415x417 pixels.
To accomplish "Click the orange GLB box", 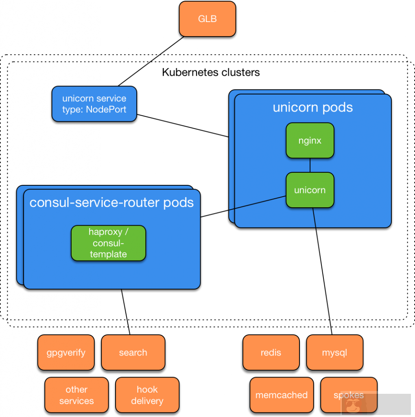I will coord(207,19).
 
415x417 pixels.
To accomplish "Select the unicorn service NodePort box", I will coord(94,104).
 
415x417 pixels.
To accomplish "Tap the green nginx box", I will coord(310,140).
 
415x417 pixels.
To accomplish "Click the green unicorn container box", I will coord(310,190).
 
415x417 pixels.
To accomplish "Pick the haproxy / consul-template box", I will coord(108,243).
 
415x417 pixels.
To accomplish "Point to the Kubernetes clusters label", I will coord(211,72).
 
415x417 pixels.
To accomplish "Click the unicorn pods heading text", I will coord(312,108).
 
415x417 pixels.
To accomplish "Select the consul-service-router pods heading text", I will coord(111,202).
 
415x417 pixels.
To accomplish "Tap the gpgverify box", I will coord(66,352).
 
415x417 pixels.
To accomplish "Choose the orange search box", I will coord(133,352).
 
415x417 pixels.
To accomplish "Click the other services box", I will coord(76,395).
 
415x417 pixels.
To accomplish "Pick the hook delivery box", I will coord(147,395).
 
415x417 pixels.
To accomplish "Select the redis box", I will coord(271,352).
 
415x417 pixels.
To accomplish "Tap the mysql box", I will coord(334,352).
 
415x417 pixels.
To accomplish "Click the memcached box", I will coord(282,395).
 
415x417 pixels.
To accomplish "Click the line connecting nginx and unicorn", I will coord(310,165).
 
